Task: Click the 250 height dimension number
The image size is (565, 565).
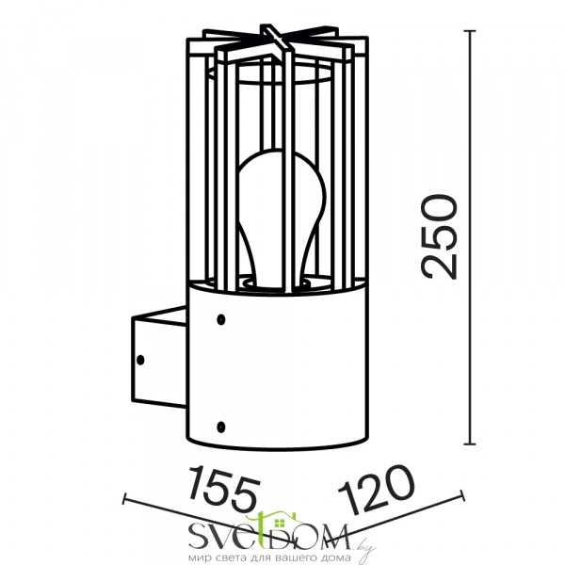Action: [x=440, y=237]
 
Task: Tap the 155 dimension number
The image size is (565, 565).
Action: [x=224, y=488]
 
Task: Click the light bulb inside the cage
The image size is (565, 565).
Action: [x=282, y=218]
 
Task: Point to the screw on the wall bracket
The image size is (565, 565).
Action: [x=140, y=360]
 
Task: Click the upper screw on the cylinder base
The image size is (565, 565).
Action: [x=221, y=319]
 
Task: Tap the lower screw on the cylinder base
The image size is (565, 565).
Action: [x=221, y=427]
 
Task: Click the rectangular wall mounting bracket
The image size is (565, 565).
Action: [x=159, y=358]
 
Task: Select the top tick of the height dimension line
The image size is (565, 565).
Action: [x=469, y=31]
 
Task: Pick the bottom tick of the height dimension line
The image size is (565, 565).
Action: [x=469, y=444]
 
